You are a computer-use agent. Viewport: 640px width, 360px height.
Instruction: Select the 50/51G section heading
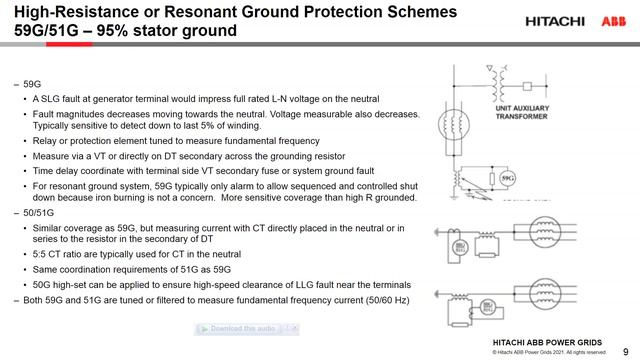(x=40, y=214)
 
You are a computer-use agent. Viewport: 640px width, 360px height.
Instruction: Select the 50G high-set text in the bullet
(x=65, y=283)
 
